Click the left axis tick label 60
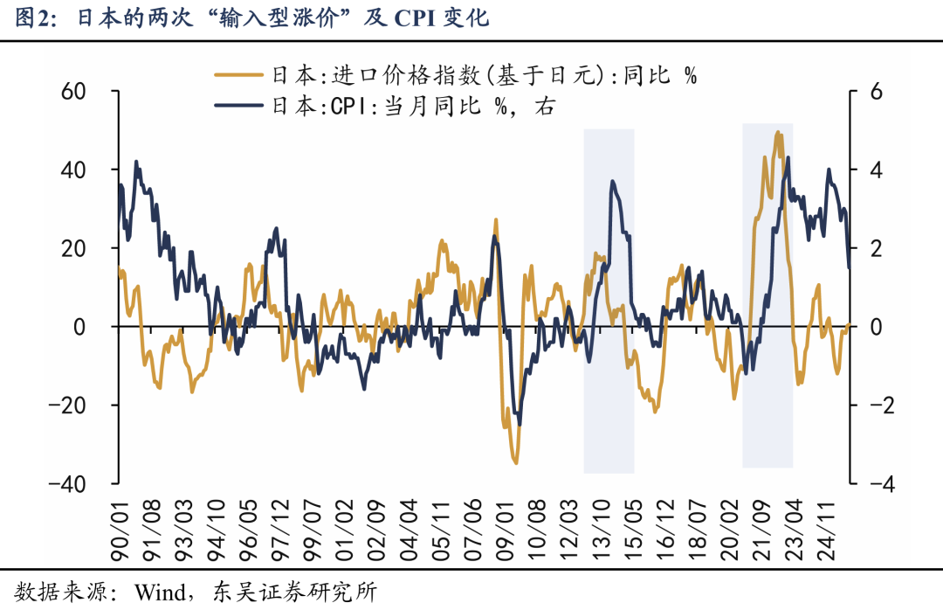coord(73,92)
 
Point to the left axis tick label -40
coord(67,483)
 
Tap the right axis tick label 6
coord(876,92)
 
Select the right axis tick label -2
coord(882,406)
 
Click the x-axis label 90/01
coord(120,530)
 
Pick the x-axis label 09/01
coord(506,530)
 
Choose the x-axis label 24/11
coord(826,530)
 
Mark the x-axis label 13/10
coord(602,530)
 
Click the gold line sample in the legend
coord(238,75)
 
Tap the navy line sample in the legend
coord(238,106)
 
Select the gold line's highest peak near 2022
coord(778,133)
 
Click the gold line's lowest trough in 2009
coord(515,462)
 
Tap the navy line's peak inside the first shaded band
coord(612,181)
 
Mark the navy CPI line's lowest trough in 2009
coord(519,424)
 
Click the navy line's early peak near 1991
coord(136,162)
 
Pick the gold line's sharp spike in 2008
coord(496,220)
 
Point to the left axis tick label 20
coord(73,248)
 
